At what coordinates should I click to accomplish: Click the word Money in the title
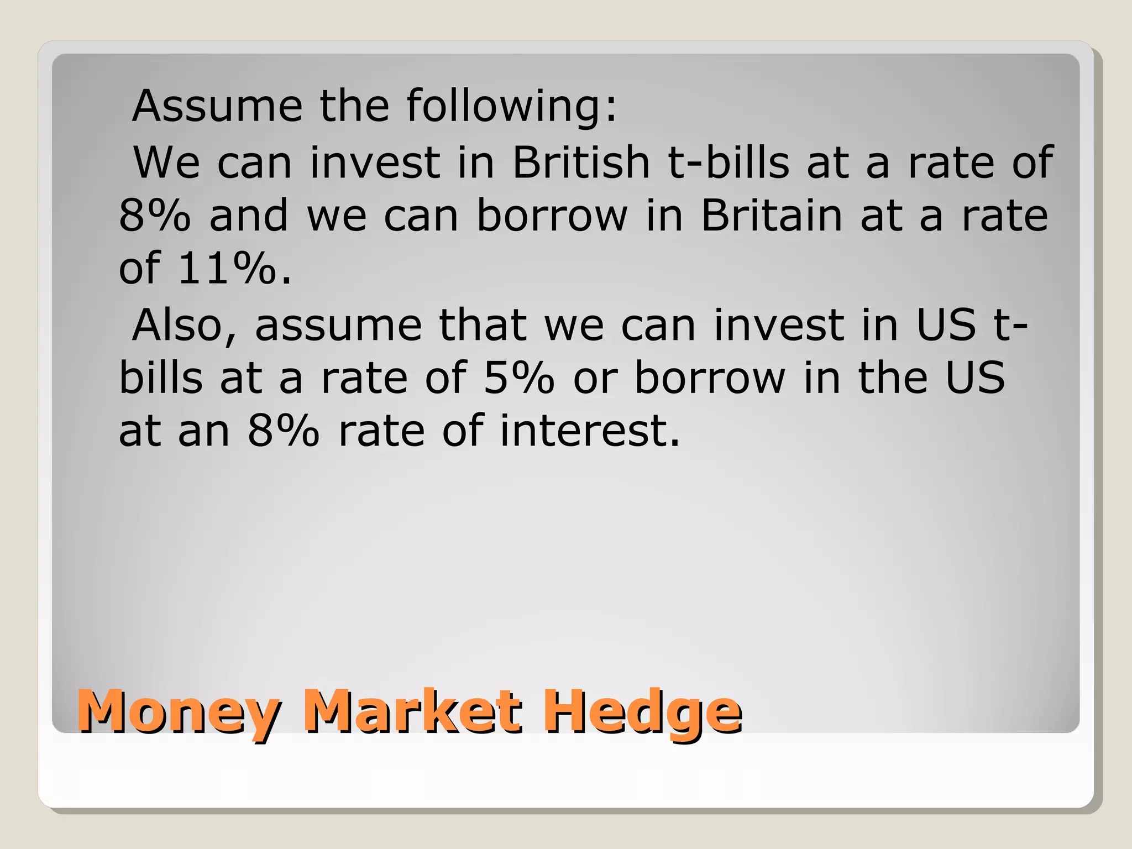click(x=179, y=712)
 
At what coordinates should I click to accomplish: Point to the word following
click(x=511, y=106)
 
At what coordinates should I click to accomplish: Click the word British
click(x=581, y=163)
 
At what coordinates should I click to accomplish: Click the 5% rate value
click(x=518, y=378)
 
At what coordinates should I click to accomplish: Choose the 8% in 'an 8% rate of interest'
click(x=283, y=431)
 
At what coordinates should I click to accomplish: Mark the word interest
click(x=589, y=431)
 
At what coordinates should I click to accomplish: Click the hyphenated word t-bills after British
click(x=729, y=163)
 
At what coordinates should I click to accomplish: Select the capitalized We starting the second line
click(x=167, y=163)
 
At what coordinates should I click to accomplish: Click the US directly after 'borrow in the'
click(x=975, y=378)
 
